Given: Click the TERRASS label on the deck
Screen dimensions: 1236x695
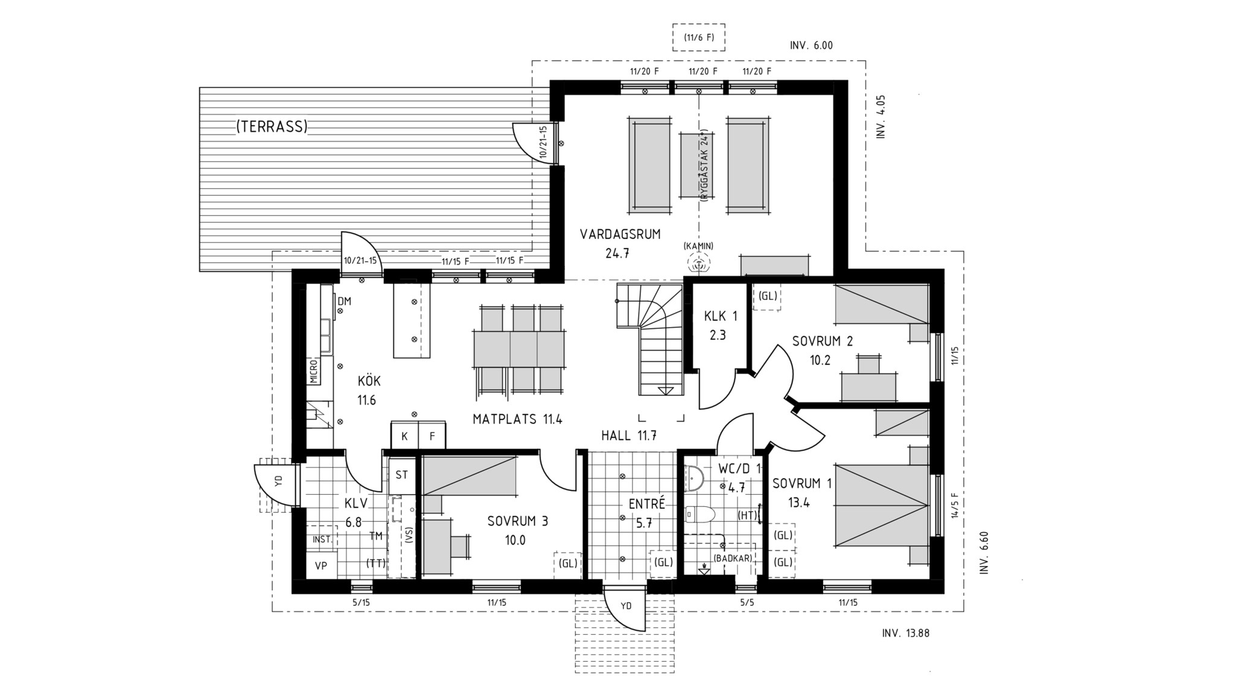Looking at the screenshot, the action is (x=272, y=127).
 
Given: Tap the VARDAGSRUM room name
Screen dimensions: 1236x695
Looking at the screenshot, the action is (x=620, y=234).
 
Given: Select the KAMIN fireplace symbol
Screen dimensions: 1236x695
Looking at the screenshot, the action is (x=699, y=263).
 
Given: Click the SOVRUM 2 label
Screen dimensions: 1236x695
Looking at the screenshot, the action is (x=823, y=341).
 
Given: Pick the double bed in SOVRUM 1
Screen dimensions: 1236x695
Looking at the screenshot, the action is (x=882, y=506).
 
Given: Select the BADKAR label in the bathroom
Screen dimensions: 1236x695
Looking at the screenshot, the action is (x=733, y=559).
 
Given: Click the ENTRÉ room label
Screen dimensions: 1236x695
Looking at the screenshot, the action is (x=646, y=504).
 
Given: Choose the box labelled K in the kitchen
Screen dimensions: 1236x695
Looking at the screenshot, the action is (x=404, y=436).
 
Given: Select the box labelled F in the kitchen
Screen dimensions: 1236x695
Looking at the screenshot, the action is (x=432, y=436).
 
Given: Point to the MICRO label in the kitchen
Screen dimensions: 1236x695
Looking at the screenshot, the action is (x=314, y=371).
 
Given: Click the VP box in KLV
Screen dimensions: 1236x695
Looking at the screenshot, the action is (x=321, y=565).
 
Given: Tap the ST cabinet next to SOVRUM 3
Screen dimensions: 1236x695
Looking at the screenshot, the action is (x=401, y=475).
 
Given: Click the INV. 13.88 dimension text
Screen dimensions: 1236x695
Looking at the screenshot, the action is (x=905, y=633).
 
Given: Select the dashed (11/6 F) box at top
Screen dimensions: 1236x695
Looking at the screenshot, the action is (x=699, y=37).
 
